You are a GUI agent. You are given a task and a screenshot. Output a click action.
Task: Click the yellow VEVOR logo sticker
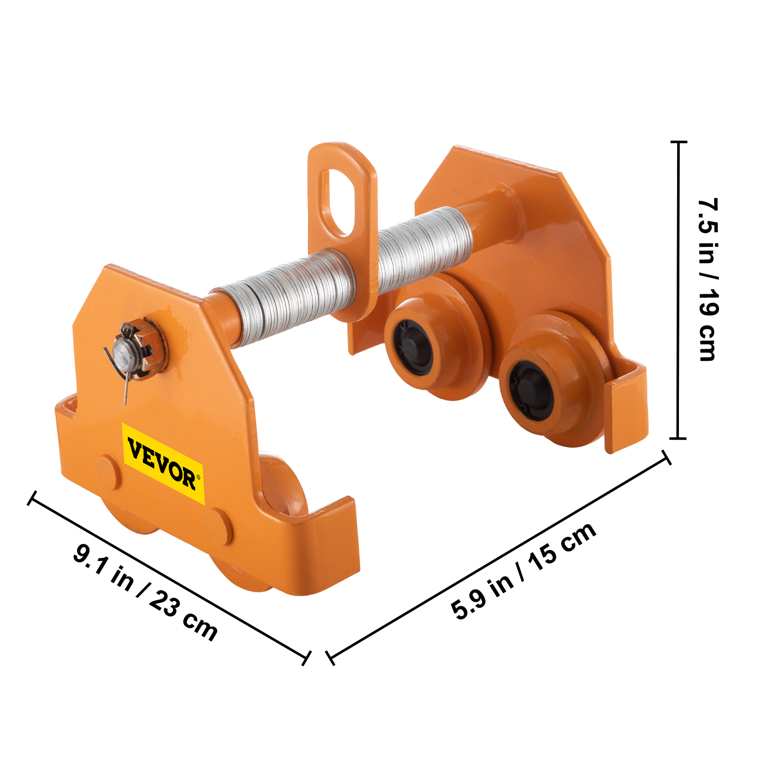(x=163, y=463)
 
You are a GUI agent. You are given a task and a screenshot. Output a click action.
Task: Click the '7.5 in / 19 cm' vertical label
(x=708, y=280)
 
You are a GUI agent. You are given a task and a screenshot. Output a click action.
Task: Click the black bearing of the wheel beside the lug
(x=413, y=347)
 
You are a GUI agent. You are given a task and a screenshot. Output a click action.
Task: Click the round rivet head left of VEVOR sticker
(x=108, y=472)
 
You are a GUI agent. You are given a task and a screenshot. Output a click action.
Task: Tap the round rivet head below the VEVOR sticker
(x=218, y=526)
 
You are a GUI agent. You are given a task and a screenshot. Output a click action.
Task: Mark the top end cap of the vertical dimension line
(x=679, y=141)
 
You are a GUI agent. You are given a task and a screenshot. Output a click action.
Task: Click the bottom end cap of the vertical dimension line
(x=678, y=438)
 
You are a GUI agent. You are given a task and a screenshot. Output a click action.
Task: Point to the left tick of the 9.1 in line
(x=31, y=498)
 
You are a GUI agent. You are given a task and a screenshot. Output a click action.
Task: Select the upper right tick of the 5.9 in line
(x=666, y=457)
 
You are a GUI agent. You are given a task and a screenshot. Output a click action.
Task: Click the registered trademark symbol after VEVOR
(x=198, y=477)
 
